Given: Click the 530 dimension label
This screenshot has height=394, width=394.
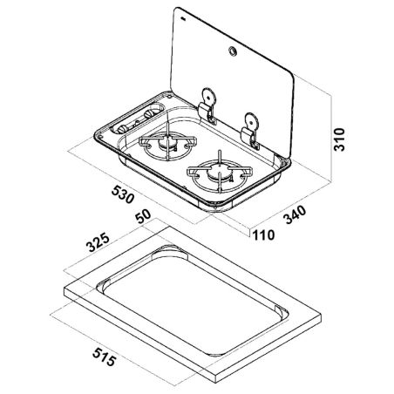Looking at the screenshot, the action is [123, 194].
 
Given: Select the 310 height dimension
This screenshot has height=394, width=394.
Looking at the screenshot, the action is [339, 139].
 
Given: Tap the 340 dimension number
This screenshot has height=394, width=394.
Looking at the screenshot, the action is [295, 214].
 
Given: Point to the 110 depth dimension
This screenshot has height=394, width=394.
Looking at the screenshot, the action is [264, 234].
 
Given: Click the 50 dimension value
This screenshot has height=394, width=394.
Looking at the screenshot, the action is [143, 216].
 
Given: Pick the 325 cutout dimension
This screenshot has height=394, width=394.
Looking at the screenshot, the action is [98, 242].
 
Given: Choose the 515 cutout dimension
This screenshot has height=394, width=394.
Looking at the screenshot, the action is [105, 357].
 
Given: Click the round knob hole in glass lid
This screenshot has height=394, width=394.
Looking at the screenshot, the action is [233, 51].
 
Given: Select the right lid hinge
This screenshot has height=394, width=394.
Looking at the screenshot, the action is [251, 131].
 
